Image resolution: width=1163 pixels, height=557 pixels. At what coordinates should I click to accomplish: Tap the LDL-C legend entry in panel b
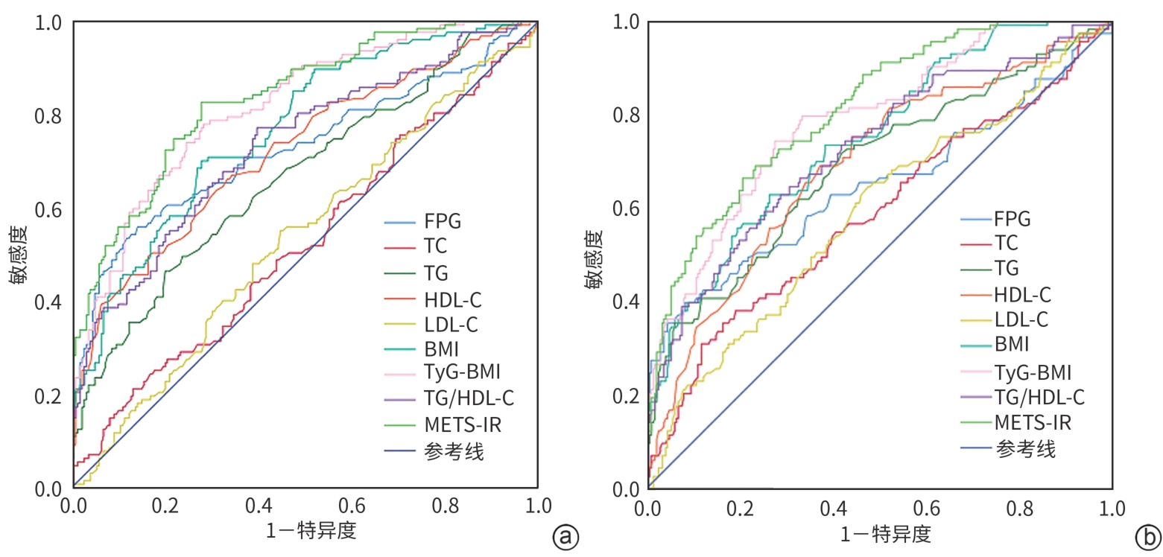pyautogui.click(x=1021, y=319)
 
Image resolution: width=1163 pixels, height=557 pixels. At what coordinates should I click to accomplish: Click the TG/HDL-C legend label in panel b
pyautogui.click(x=1039, y=397)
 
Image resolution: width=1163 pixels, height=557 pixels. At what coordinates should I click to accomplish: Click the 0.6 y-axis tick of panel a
pyautogui.click(x=48, y=210)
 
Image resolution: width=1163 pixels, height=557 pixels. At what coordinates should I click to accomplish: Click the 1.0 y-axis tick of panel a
pyautogui.click(x=48, y=23)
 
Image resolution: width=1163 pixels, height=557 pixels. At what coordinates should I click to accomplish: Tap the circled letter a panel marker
pyautogui.click(x=565, y=535)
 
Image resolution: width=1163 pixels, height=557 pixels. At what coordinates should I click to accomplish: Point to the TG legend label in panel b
pyautogui.click(x=1007, y=268)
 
